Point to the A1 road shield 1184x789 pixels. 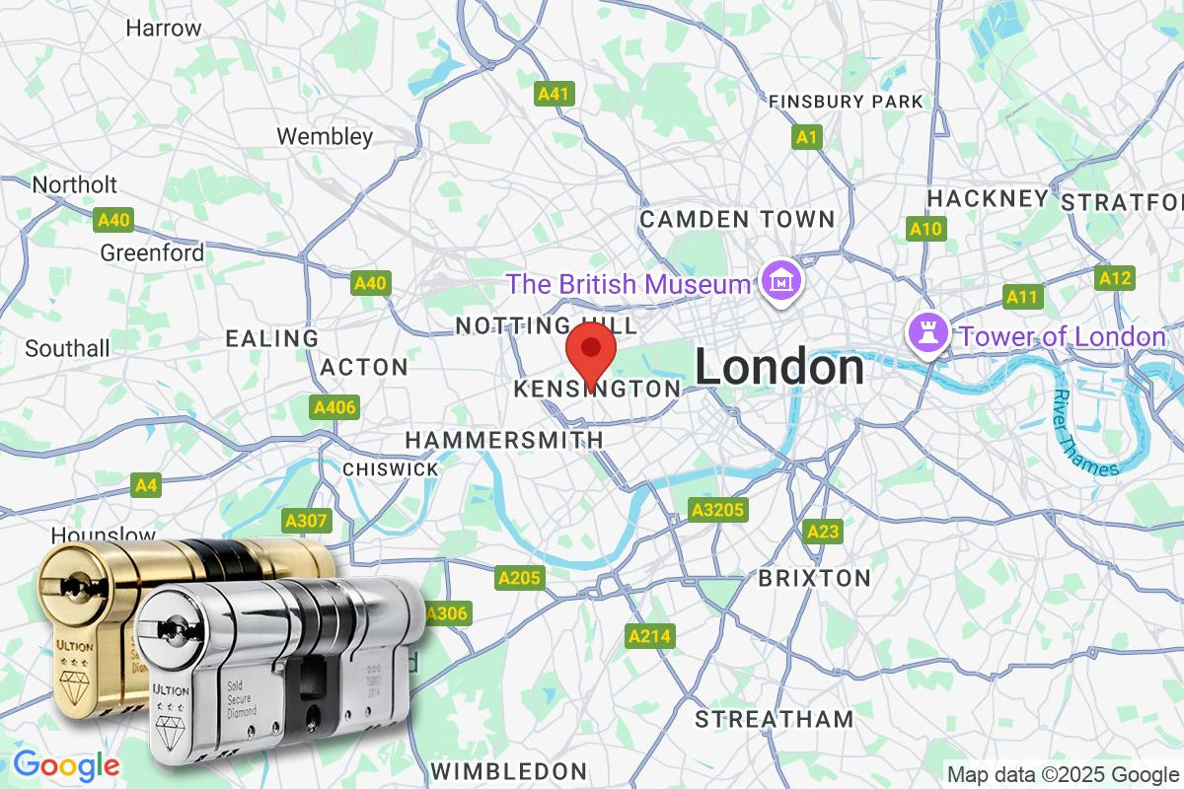(807, 137)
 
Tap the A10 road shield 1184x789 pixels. (925, 229)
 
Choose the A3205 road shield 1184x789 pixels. (717, 510)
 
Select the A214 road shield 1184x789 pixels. (650, 636)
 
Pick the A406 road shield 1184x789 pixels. (334, 407)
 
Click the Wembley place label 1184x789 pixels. (325, 136)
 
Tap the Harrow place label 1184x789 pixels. (164, 28)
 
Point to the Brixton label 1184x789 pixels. (814, 578)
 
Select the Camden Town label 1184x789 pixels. (737, 219)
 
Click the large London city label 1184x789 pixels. (779, 368)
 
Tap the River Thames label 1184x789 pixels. (1085, 434)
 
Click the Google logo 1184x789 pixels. (66, 764)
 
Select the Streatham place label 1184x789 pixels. (774, 719)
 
